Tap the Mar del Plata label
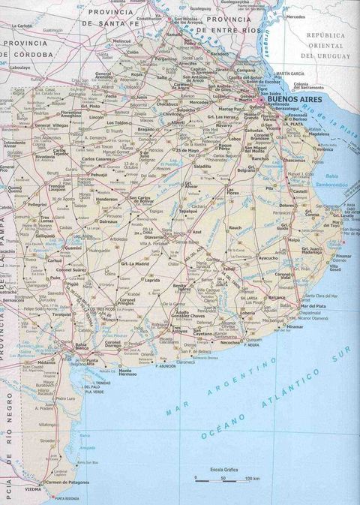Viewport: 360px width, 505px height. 315,306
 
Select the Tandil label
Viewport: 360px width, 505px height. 229,268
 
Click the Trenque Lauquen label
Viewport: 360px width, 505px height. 58,187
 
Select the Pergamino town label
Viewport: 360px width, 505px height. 166,58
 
